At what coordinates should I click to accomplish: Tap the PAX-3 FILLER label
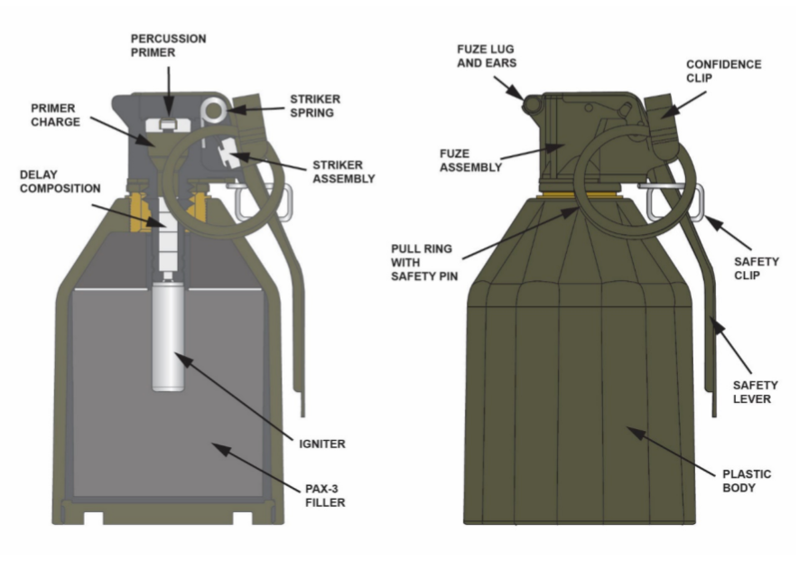coord(322,496)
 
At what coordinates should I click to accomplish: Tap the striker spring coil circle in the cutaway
coord(214,108)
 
